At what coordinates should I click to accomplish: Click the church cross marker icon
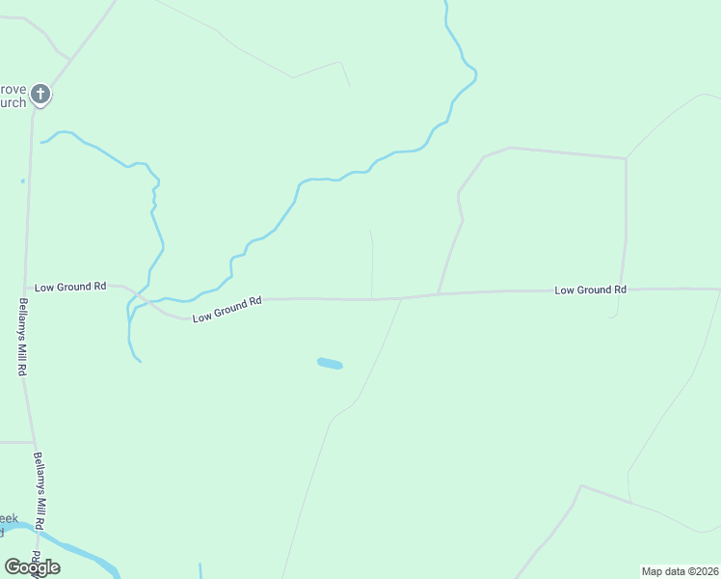[40, 95]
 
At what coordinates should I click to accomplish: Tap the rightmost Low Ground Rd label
[590, 289]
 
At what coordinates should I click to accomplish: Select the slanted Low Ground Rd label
[227, 309]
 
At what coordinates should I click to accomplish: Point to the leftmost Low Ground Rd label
[70, 287]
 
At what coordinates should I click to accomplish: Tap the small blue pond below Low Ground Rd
[330, 364]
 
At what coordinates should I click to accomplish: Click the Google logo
[32, 567]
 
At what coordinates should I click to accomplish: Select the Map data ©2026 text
[680, 571]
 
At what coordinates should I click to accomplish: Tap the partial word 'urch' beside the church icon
[13, 102]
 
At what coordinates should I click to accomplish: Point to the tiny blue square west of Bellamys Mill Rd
[22, 180]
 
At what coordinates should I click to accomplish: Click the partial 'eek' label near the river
[9, 518]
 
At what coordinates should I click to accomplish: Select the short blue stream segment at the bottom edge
[200, 570]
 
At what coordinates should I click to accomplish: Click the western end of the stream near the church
[42, 143]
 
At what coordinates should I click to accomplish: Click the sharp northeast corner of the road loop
[626, 159]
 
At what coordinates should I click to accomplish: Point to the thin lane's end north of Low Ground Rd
[371, 231]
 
